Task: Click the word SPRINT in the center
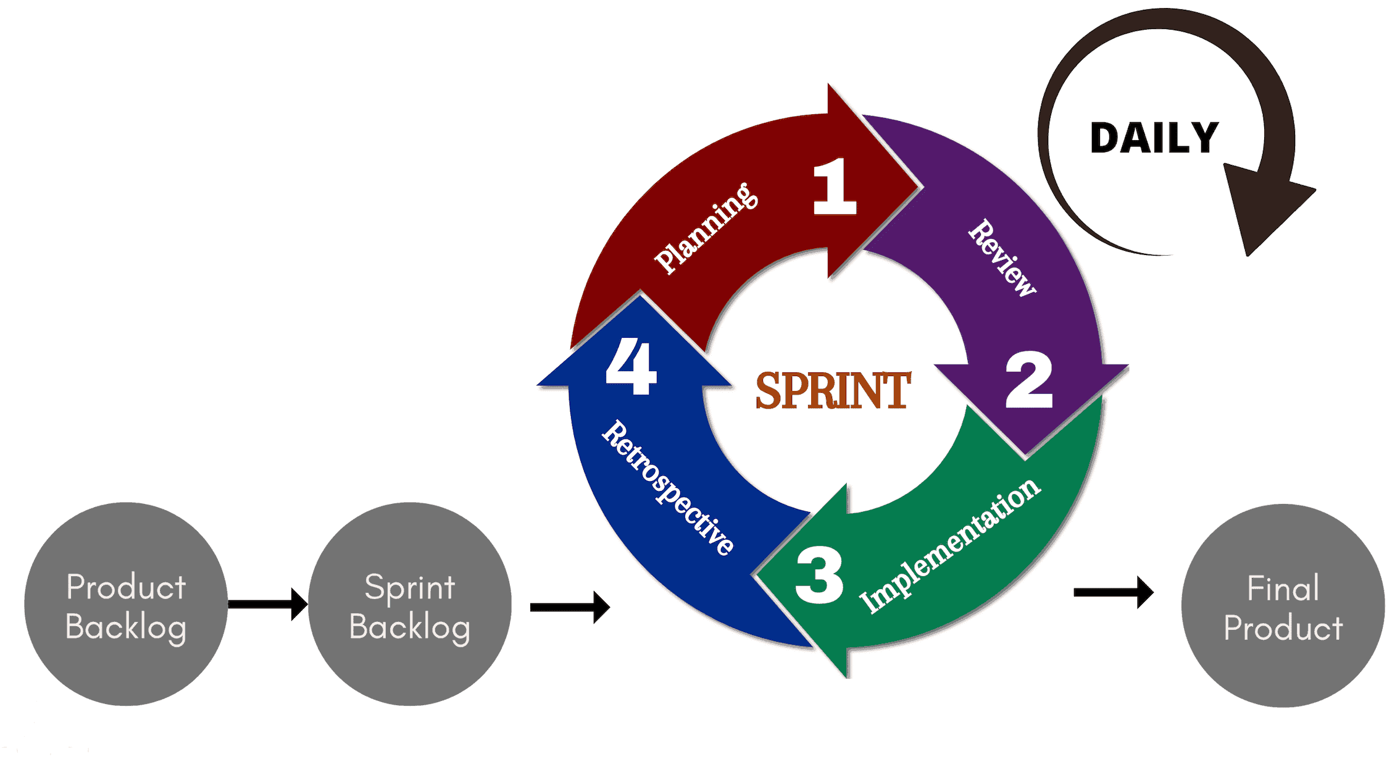click(x=833, y=390)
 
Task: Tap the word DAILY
click(x=1154, y=138)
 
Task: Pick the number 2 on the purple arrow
click(x=1028, y=380)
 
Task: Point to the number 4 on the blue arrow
click(x=630, y=366)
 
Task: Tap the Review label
click(x=1002, y=258)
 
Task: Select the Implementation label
click(x=950, y=546)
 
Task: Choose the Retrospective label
click(x=669, y=488)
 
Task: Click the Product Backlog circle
click(x=126, y=604)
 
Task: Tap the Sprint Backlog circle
click(x=410, y=604)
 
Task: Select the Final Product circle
click(x=1283, y=606)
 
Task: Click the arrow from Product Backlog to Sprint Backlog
click(x=267, y=604)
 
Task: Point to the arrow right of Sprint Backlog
click(x=569, y=608)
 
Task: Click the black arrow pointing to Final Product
click(x=1113, y=593)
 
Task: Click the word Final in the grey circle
click(x=1283, y=588)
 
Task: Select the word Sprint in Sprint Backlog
click(x=410, y=587)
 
